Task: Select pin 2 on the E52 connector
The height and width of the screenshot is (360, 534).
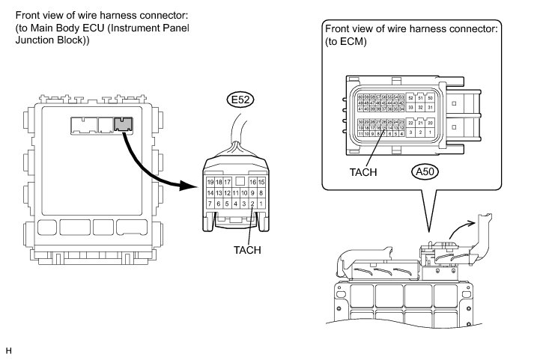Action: point(253,203)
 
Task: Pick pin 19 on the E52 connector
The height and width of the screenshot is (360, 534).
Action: point(210,182)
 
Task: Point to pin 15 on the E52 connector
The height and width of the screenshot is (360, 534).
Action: point(261,182)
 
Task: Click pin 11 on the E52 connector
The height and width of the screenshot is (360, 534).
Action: point(236,192)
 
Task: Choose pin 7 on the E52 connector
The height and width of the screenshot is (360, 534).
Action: point(210,203)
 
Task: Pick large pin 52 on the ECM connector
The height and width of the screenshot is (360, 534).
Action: point(411,98)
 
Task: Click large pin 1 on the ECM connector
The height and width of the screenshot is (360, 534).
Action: point(431,132)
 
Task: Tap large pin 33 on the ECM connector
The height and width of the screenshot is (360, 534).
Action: point(411,108)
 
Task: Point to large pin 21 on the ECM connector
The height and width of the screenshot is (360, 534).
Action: point(421,123)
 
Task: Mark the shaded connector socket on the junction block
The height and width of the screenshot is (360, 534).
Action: point(123,125)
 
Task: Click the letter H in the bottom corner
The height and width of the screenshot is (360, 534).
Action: point(9,350)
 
